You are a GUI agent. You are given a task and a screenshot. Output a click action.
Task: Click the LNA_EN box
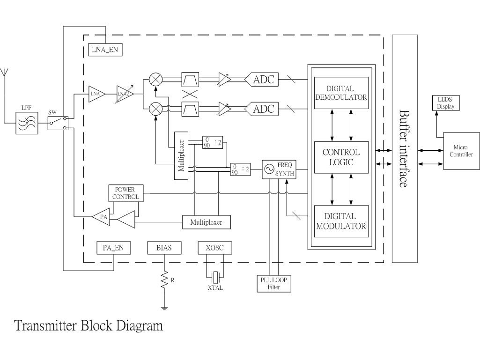(x=105, y=49)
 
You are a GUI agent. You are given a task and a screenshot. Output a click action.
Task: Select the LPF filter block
(x=27, y=123)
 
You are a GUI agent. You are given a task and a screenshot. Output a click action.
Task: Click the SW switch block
(x=58, y=123)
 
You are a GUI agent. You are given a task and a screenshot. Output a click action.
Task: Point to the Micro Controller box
(x=461, y=151)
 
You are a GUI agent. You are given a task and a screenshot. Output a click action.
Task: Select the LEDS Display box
(x=445, y=103)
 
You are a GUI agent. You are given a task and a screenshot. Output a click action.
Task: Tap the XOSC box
(x=215, y=248)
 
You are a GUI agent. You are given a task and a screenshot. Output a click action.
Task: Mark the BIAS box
(x=164, y=248)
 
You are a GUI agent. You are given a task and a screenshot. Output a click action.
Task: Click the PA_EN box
(x=113, y=248)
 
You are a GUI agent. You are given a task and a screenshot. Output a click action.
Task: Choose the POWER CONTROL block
(x=126, y=193)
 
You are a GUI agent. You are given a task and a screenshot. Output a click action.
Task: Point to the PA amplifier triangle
(x=102, y=217)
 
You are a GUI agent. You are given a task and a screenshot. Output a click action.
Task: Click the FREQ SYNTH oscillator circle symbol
(x=269, y=169)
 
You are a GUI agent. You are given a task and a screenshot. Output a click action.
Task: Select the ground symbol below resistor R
(x=164, y=308)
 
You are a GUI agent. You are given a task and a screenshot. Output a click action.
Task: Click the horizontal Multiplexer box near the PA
(x=207, y=222)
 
